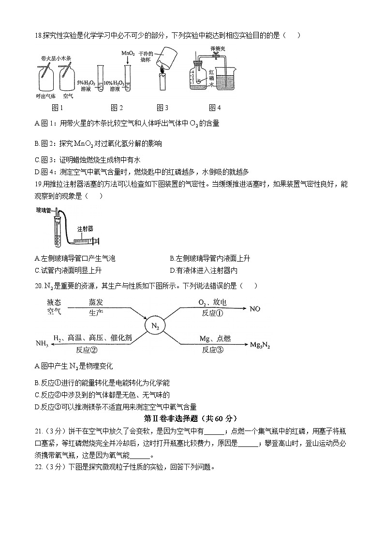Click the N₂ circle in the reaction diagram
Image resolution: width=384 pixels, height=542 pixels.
click(x=155, y=326)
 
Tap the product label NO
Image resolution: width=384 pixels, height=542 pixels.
click(x=255, y=308)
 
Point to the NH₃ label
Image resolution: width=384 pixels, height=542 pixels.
click(x=42, y=344)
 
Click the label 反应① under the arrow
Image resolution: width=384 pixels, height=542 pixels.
click(x=212, y=313)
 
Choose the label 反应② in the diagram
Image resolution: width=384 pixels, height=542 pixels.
click(x=87, y=350)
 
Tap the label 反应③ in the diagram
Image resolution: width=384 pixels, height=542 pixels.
click(x=212, y=350)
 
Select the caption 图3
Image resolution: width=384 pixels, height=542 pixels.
click(x=162, y=107)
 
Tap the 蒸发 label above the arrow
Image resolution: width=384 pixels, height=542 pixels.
click(x=96, y=303)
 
